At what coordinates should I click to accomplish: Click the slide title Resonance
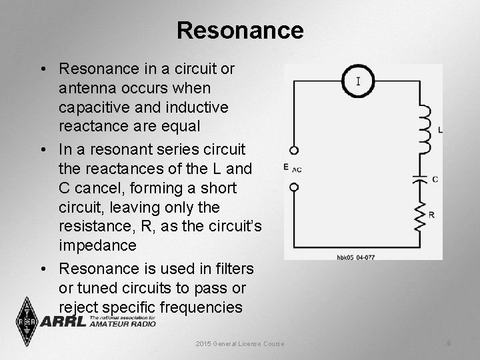(x=240, y=30)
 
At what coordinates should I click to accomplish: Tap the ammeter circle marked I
(x=359, y=82)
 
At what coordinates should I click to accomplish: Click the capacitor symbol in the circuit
(x=420, y=179)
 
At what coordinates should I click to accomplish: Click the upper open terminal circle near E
(x=294, y=151)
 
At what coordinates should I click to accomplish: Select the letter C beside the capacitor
(x=435, y=179)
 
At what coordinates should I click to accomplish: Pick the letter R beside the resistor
(x=432, y=215)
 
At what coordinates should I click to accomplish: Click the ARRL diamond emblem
(x=27, y=321)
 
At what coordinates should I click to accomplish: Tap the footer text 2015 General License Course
(x=240, y=343)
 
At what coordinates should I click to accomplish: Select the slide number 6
(x=449, y=343)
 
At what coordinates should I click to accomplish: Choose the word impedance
(x=97, y=245)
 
